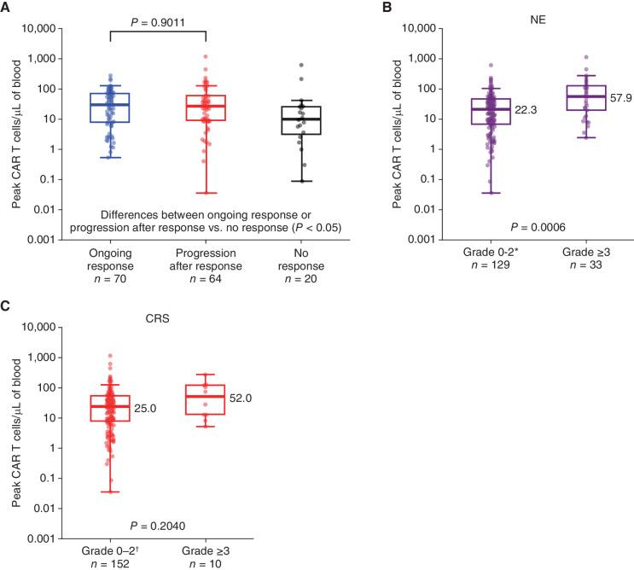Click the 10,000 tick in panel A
point(43,28)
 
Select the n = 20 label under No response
point(304,281)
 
